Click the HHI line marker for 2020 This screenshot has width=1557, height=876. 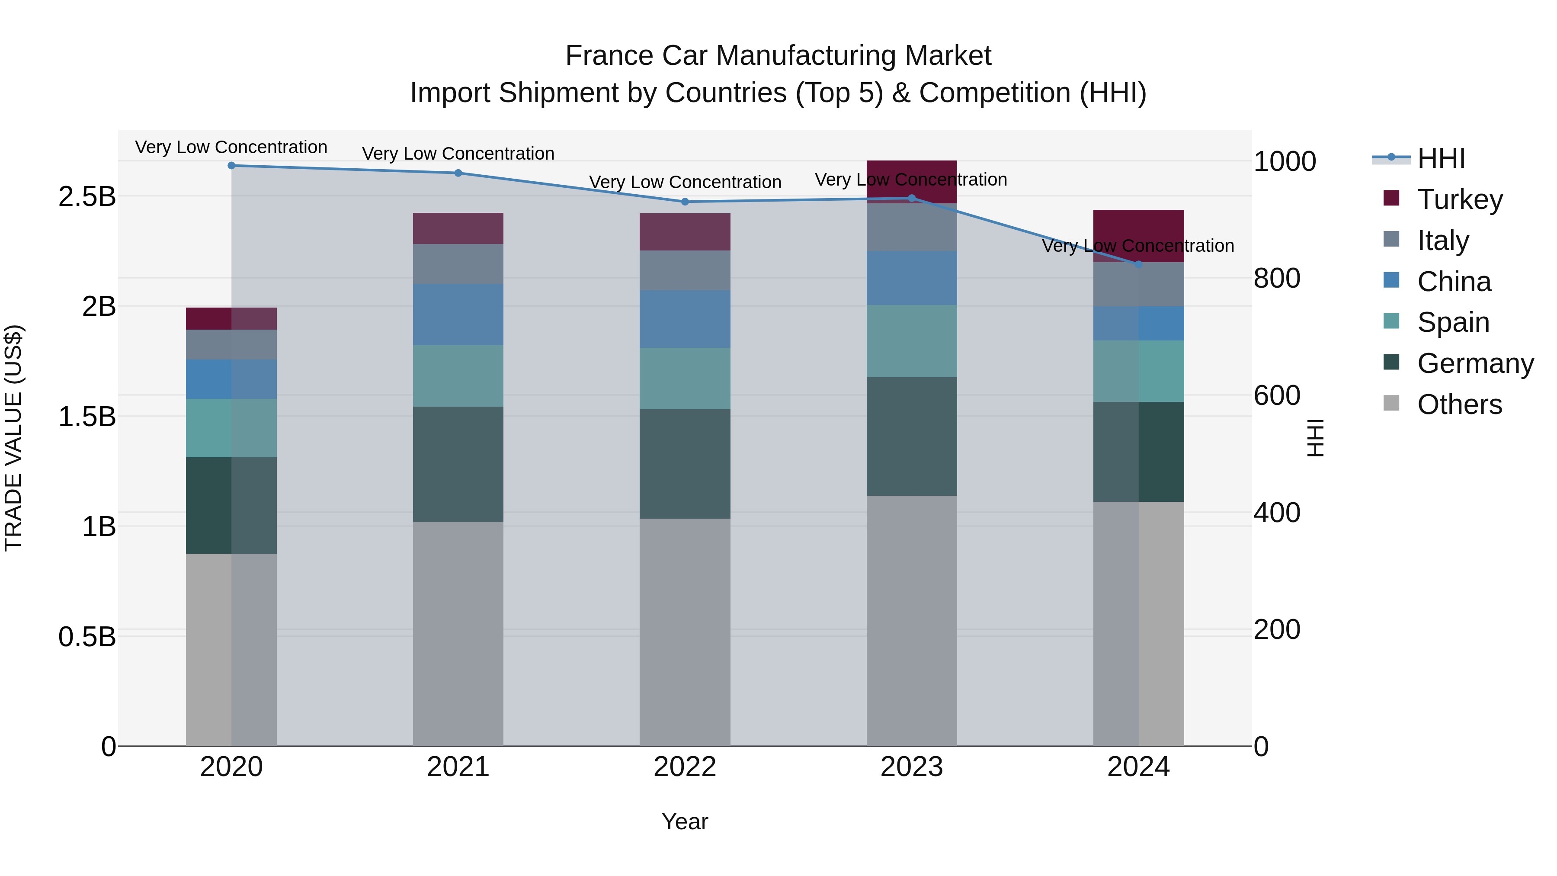click(x=231, y=165)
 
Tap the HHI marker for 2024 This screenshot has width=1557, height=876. click(x=1138, y=264)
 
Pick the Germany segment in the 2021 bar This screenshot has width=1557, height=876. click(x=458, y=464)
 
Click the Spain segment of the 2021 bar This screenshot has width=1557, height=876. click(x=458, y=375)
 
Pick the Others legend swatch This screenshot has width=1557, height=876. click(x=1391, y=403)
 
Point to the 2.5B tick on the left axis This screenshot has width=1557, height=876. click(x=87, y=196)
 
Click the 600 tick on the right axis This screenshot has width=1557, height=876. click(x=1277, y=395)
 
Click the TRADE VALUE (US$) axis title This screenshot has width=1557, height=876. click(x=13, y=438)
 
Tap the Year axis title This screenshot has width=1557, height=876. click(x=685, y=821)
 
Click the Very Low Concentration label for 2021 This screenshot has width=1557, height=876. click(x=458, y=154)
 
